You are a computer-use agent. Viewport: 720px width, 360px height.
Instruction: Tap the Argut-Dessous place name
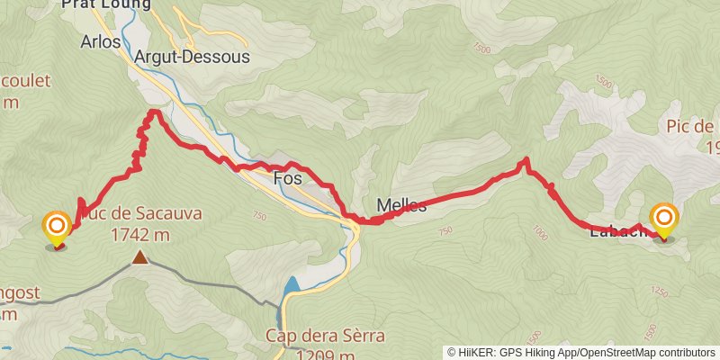[x=192, y=56]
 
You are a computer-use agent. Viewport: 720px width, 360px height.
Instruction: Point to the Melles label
[x=401, y=205]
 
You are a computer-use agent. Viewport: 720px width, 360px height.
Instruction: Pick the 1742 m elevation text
[x=140, y=235]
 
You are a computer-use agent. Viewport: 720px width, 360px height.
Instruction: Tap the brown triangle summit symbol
[x=139, y=258]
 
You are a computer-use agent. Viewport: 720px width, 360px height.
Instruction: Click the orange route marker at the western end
[x=57, y=226]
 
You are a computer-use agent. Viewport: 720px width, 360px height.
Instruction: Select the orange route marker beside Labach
[x=664, y=220]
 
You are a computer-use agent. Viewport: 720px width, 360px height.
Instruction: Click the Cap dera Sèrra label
[x=325, y=337]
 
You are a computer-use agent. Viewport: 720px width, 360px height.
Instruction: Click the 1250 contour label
[x=660, y=292]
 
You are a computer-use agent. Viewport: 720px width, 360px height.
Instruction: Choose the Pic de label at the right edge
[x=691, y=127]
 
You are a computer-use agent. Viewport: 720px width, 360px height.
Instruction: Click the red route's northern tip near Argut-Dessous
[x=154, y=112]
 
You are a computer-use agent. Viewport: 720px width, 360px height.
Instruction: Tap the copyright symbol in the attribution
[x=452, y=352]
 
